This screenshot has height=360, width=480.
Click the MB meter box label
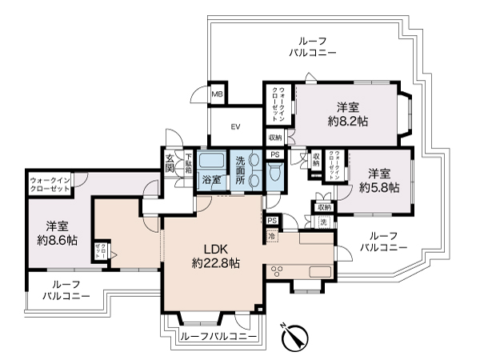click(216, 94)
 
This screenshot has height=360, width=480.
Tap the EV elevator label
click(236, 126)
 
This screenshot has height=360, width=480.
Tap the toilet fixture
click(274, 173)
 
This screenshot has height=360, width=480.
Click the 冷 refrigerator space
click(272, 238)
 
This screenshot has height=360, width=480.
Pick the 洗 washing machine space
click(325, 221)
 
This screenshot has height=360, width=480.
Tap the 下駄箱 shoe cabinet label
click(188, 163)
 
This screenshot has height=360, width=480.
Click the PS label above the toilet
click(274, 154)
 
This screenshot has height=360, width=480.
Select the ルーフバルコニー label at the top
click(313, 46)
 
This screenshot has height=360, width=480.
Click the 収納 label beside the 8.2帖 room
click(274, 138)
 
